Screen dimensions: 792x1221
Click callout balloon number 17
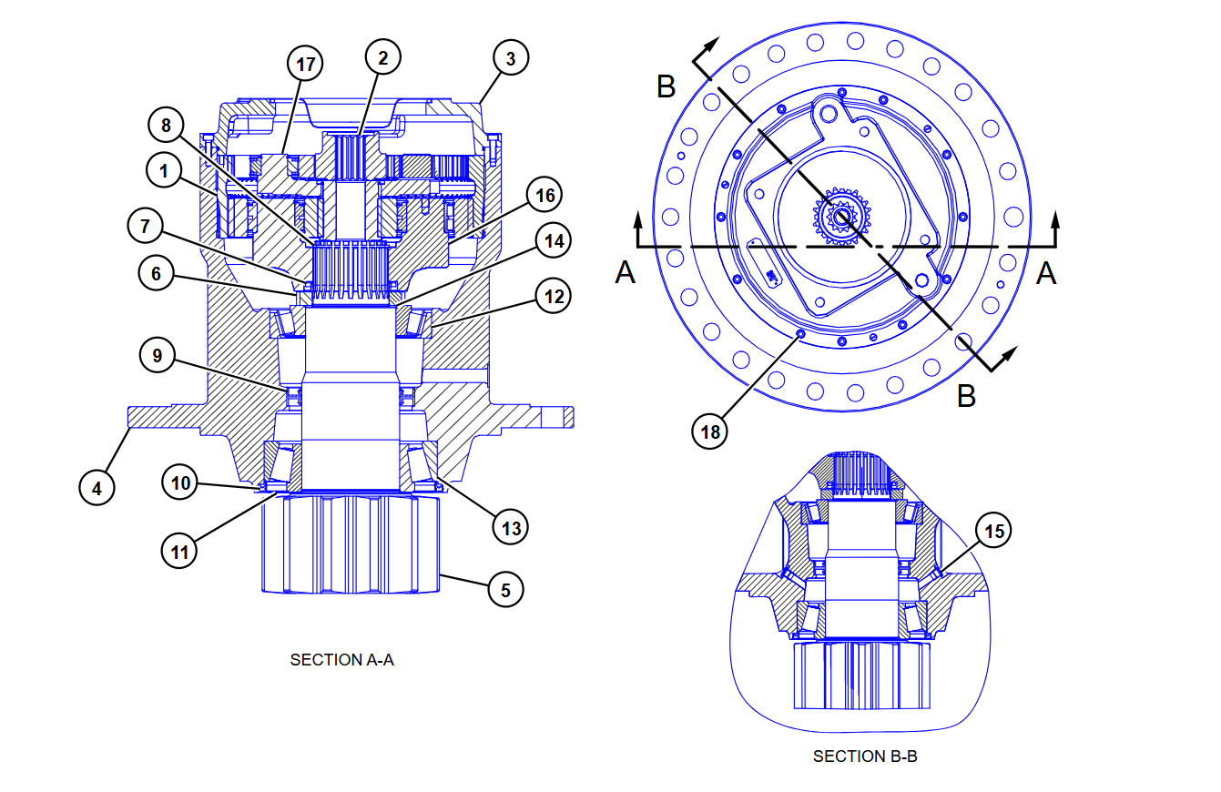(x=306, y=65)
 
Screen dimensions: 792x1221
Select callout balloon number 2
(x=383, y=57)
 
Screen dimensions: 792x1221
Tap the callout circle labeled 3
(x=511, y=58)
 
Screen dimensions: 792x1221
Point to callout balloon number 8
(x=166, y=126)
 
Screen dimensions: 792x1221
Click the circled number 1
(x=165, y=171)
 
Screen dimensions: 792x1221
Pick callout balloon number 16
(x=544, y=195)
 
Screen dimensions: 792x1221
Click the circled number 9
(x=158, y=356)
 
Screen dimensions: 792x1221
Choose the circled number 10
(x=181, y=482)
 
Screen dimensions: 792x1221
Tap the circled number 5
(x=506, y=589)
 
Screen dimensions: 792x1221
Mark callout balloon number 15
(x=994, y=532)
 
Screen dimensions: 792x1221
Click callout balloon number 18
(x=711, y=431)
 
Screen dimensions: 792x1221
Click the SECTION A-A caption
(x=341, y=660)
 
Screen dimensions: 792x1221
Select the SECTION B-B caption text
(x=864, y=756)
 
